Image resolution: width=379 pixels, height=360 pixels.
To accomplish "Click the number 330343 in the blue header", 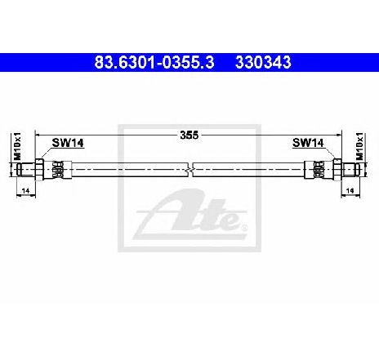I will point(263,61).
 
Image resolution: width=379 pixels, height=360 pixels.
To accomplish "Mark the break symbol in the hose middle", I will point(189,169).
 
